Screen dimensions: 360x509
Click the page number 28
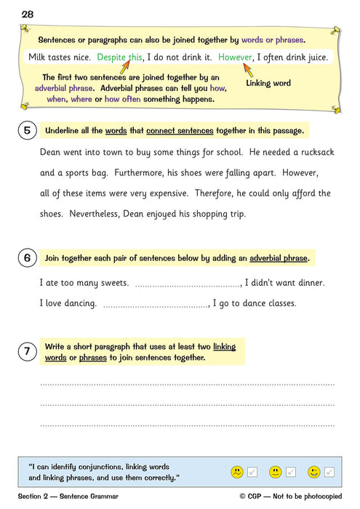coord(27,14)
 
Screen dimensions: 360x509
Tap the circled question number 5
coord(27,131)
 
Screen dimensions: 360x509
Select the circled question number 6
coord(27,258)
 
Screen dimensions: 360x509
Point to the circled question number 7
coord(27,352)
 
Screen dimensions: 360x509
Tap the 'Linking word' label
coord(268,84)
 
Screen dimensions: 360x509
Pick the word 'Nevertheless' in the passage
coord(101,214)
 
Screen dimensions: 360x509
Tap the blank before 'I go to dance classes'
coord(156,303)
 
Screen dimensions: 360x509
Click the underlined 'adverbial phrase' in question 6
coord(279,258)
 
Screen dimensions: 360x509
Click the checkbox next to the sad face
coord(252,473)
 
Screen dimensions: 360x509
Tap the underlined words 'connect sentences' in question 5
coord(180,131)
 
